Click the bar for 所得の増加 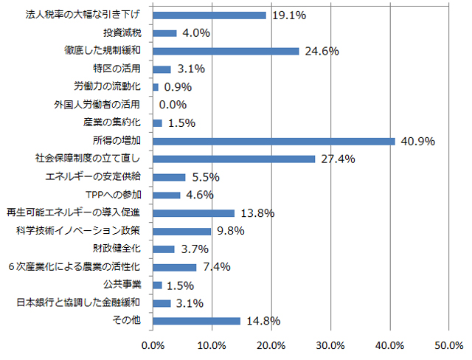(274, 141)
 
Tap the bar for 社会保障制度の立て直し (234, 159)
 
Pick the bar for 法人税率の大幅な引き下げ (209, 15)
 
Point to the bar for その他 (197, 320)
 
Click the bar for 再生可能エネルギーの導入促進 (194, 212)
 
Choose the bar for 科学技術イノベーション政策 (182, 231)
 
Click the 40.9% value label (417, 141)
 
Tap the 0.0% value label (173, 105)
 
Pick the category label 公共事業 (127, 285)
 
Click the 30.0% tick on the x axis (330, 345)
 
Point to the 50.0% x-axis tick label (448, 345)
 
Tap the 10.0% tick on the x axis (212, 345)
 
